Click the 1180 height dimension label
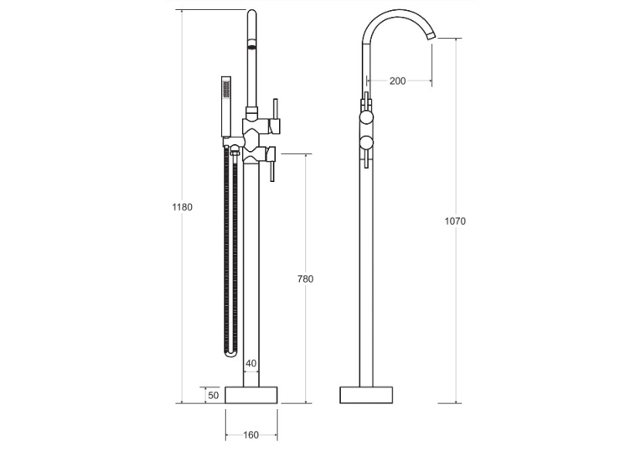click(182, 207)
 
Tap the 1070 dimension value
click(455, 221)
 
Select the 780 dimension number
click(305, 279)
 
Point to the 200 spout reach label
click(397, 81)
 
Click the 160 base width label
click(251, 435)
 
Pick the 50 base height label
click(214, 396)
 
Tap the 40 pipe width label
click(251, 363)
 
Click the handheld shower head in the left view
click(226, 106)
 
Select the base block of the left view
click(251, 395)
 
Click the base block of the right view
click(366, 395)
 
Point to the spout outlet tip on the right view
click(432, 36)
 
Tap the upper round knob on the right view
click(366, 118)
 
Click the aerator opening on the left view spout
click(252, 44)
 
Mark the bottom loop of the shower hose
click(230, 354)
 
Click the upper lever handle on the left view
click(275, 117)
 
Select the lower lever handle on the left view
click(271, 164)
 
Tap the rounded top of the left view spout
click(252, 13)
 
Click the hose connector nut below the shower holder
click(235, 153)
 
